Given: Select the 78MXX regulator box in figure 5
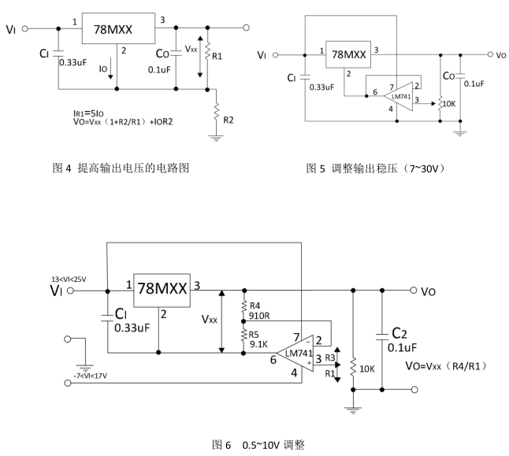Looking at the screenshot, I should pos(348,55).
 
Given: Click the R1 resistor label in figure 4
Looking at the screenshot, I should pos(218,57).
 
